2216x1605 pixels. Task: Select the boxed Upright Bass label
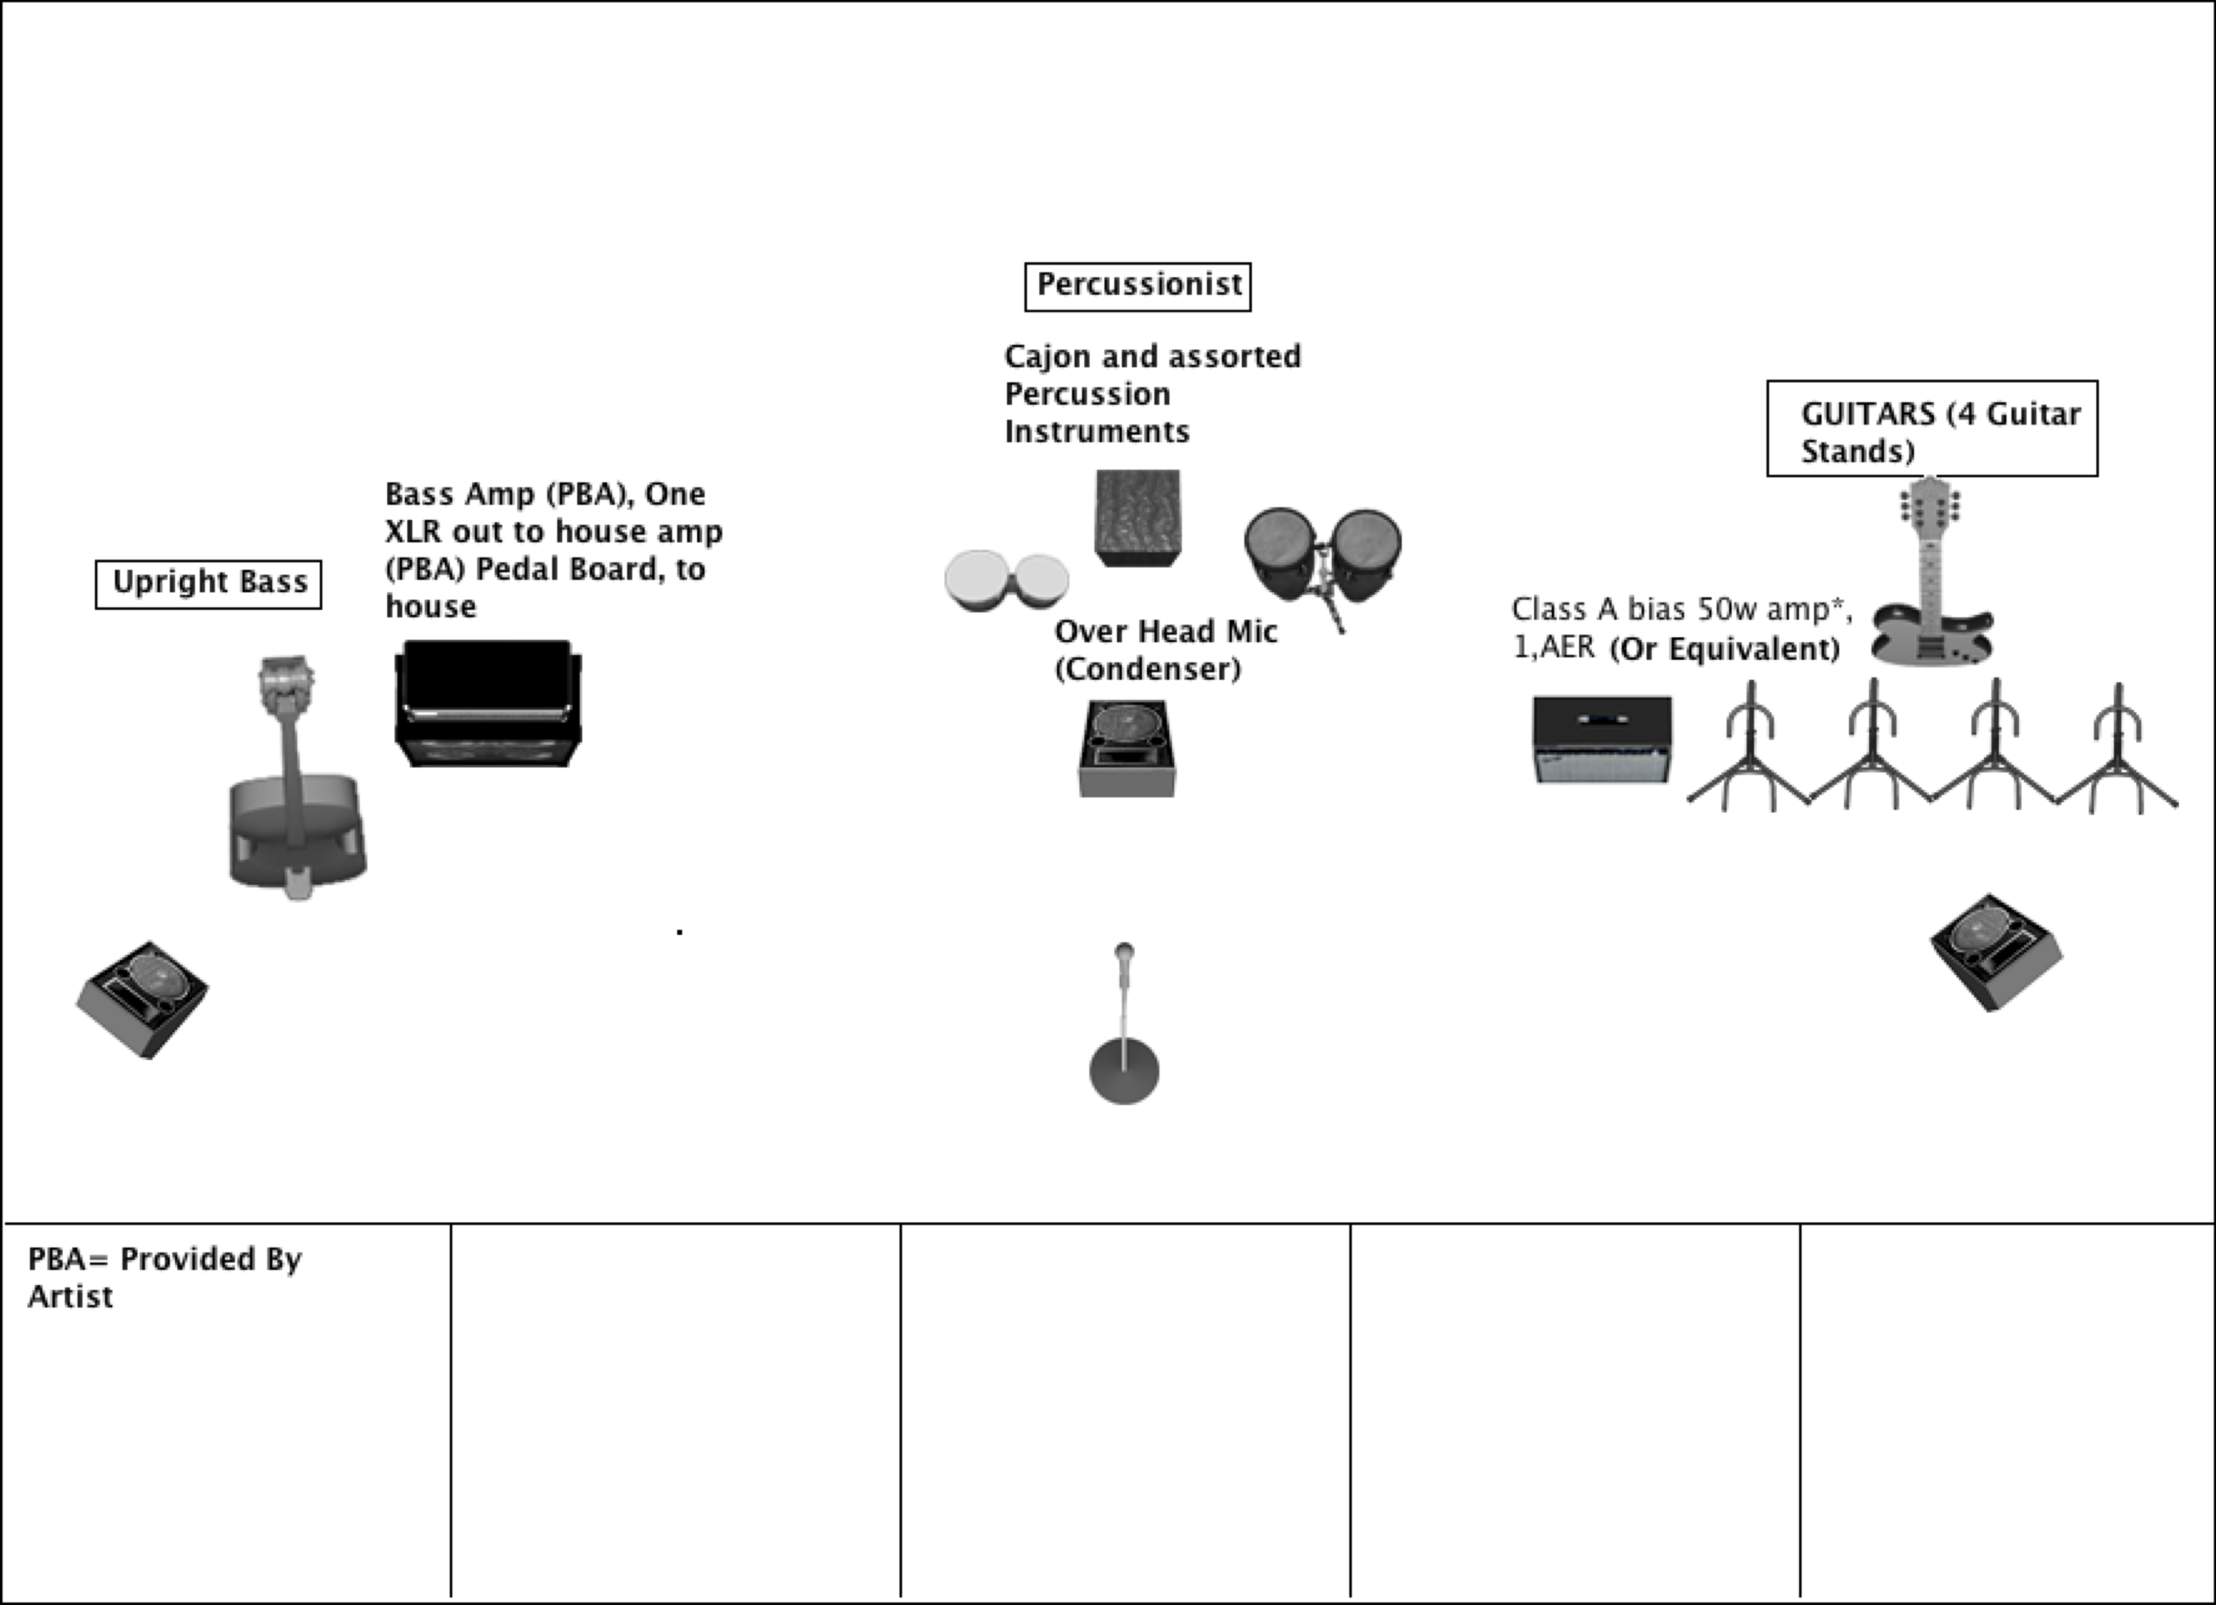tap(208, 584)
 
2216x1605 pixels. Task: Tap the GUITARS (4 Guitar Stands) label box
tap(1932, 429)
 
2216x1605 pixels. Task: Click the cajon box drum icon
tap(1136, 518)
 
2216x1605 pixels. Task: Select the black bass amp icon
tap(488, 704)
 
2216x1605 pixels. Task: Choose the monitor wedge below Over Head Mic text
tap(1128, 748)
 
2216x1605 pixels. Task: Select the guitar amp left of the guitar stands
tap(1602, 739)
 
